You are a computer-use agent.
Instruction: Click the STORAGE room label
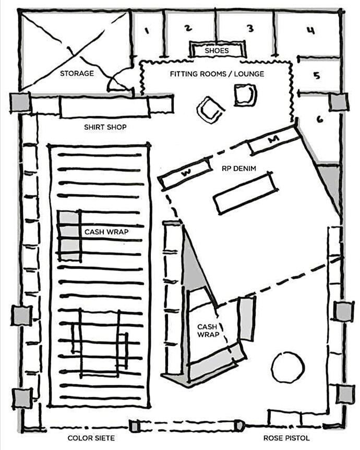[x=77, y=74]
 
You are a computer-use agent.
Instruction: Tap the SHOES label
[x=217, y=51]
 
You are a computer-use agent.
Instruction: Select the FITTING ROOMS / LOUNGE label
[x=217, y=74]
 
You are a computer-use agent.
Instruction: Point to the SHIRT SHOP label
[x=105, y=127]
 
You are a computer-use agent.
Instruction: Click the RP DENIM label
[x=231, y=168]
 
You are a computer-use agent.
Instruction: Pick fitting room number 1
[x=147, y=31]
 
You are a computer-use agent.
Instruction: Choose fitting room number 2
[x=188, y=28]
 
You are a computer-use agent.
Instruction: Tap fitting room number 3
[x=250, y=28]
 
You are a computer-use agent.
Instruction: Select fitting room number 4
[x=310, y=30]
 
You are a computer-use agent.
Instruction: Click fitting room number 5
[x=317, y=75]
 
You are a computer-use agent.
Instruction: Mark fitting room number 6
[x=319, y=119]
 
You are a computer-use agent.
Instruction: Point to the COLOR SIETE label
[x=91, y=438]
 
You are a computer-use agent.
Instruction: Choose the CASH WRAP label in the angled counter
[x=207, y=331]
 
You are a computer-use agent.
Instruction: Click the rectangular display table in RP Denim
[x=245, y=193]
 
